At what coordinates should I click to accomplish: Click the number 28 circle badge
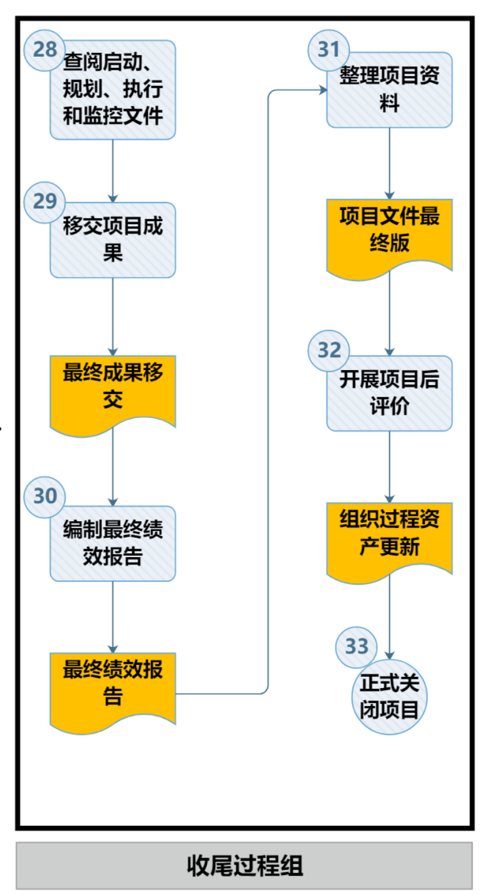pyautogui.click(x=44, y=49)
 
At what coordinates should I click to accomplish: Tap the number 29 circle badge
pyautogui.click(x=44, y=202)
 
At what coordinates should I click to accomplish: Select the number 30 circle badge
pyautogui.click(x=44, y=497)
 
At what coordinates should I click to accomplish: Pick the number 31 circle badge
pyautogui.click(x=329, y=49)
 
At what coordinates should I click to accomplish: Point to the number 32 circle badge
pyautogui.click(x=329, y=350)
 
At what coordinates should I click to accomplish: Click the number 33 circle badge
pyautogui.click(x=356, y=646)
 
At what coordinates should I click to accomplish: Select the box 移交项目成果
pyautogui.click(x=113, y=240)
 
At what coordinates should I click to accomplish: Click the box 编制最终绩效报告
pyautogui.click(x=113, y=543)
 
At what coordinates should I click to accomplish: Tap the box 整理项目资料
pyautogui.click(x=390, y=90)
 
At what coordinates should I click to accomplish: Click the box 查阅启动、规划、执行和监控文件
pyautogui.click(x=113, y=90)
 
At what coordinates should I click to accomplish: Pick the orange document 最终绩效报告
pyautogui.click(x=113, y=686)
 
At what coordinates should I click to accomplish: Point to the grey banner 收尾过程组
pyautogui.click(x=244, y=865)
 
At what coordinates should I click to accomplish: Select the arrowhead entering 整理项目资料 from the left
pyautogui.click(x=323, y=91)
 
